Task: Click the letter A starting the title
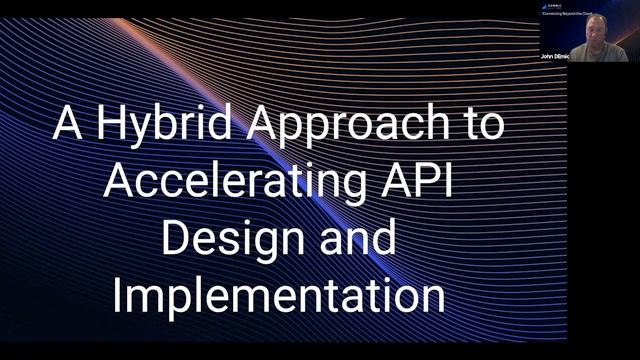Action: [68, 126]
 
